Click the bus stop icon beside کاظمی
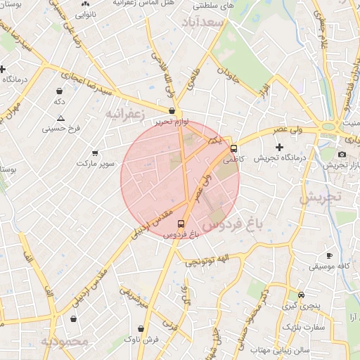(234, 148)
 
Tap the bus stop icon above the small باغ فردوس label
(181, 223)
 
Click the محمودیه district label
(64, 342)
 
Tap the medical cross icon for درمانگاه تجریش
(279, 148)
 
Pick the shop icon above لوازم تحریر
(172, 110)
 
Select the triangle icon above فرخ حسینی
(61, 118)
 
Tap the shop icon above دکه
(59, 91)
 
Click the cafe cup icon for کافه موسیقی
(329, 256)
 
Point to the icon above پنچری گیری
(301, 295)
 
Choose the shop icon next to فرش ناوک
(141, 328)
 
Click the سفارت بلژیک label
(304, 327)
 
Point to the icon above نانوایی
(85, 4)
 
